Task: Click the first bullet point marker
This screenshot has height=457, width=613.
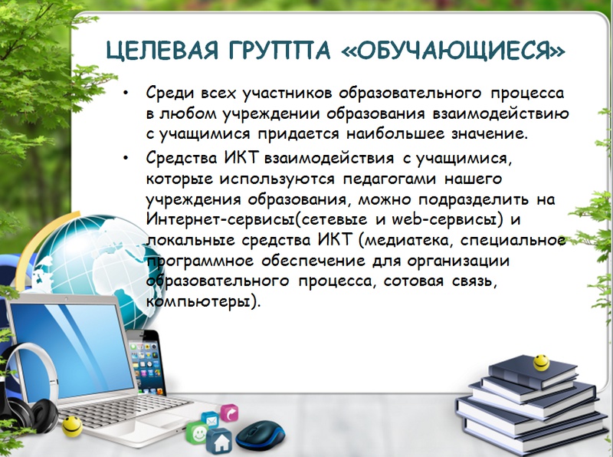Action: coord(126,93)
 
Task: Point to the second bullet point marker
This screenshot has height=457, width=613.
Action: coord(126,158)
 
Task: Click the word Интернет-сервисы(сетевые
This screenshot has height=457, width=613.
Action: coord(257,219)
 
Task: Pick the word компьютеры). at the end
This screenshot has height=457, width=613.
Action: coord(202,302)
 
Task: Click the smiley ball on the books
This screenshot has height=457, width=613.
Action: coord(541,363)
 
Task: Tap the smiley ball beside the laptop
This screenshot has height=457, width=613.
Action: coord(72,426)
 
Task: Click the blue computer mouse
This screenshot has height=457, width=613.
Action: coord(261,436)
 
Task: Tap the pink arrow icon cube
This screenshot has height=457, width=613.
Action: coord(229,413)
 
